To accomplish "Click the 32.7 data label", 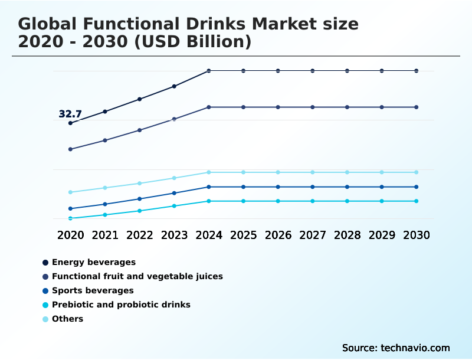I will click(70, 114).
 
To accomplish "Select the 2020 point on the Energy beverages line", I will click(70, 123).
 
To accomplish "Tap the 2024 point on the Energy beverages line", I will click(209, 71).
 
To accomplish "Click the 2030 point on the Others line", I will click(417, 172).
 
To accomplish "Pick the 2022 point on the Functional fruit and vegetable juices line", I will click(140, 130).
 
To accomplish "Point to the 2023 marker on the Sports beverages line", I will click(174, 193).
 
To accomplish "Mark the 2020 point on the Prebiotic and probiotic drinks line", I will click(70, 218).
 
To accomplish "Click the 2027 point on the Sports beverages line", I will click(313, 187).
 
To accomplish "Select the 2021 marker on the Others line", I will click(105, 188).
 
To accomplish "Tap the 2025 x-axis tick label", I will click(243, 235).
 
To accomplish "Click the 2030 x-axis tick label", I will click(417, 235).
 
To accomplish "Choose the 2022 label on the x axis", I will click(140, 235).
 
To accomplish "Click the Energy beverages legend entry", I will click(94, 262).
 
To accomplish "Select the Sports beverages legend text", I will click(93, 290).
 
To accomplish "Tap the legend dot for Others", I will click(45, 319).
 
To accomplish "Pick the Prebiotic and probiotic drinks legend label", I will click(121, 305).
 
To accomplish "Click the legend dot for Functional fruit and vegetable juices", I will click(45, 277).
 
